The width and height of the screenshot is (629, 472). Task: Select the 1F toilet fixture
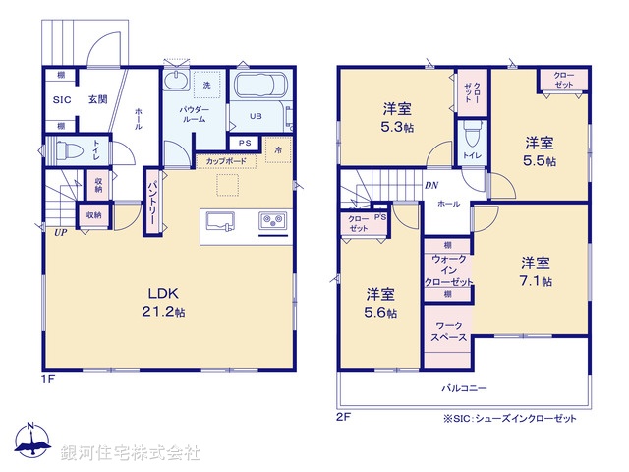tap(67, 152)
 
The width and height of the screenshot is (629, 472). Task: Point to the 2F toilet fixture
tap(472, 133)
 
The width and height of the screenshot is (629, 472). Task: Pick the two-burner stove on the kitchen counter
tap(272, 220)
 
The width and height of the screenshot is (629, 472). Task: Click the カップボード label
tap(227, 160)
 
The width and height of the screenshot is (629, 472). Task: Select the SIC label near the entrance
tap(61, 100)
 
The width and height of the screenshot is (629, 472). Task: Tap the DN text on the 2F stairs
tap(431, 186)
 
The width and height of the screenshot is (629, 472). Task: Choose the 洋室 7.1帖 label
tap(536, 270)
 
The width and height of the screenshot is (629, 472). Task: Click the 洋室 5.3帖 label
tap(397, 117)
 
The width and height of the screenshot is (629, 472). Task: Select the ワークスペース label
tap(448, 330)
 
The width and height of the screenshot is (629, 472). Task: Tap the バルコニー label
tap(465, 387)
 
